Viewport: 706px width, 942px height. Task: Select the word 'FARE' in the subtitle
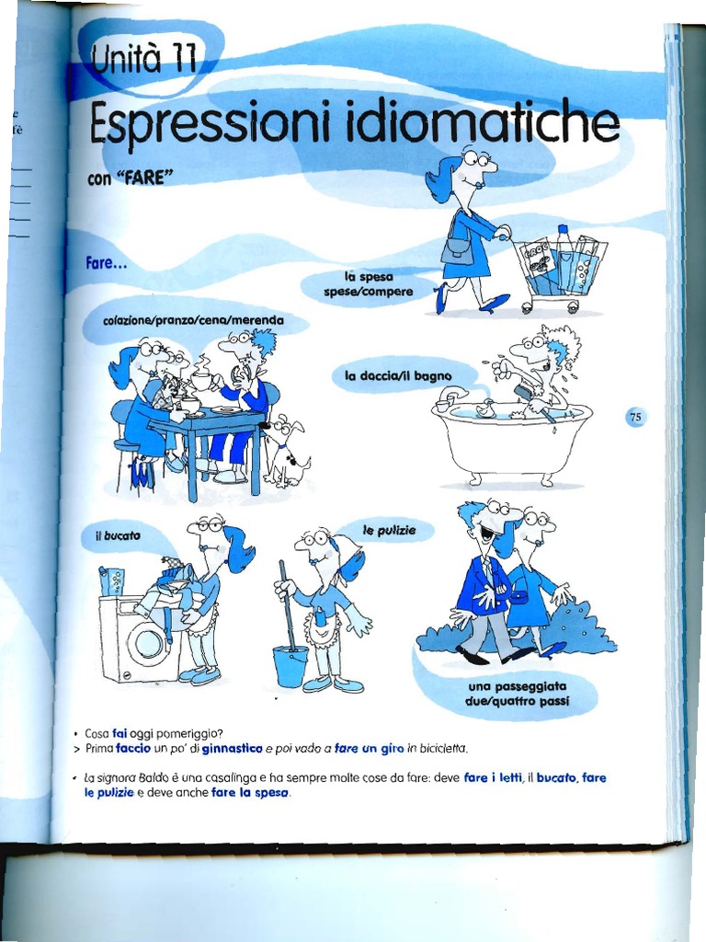point(141,178)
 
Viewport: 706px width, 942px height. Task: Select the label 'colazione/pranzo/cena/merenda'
point(196,320)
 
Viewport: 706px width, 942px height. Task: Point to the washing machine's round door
point(148,641)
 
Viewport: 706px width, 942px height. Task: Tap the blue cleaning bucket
point(290,666)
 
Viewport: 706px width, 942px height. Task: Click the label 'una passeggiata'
point(517,686)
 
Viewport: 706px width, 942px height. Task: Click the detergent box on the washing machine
point(112,581)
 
